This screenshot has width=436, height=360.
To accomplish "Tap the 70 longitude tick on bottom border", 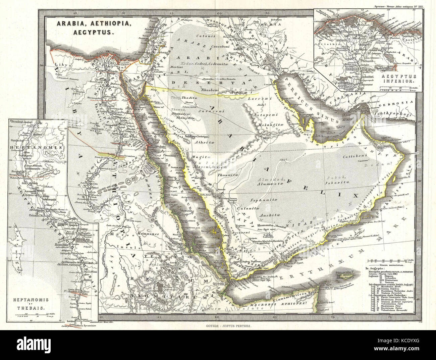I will pos(332,316).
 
